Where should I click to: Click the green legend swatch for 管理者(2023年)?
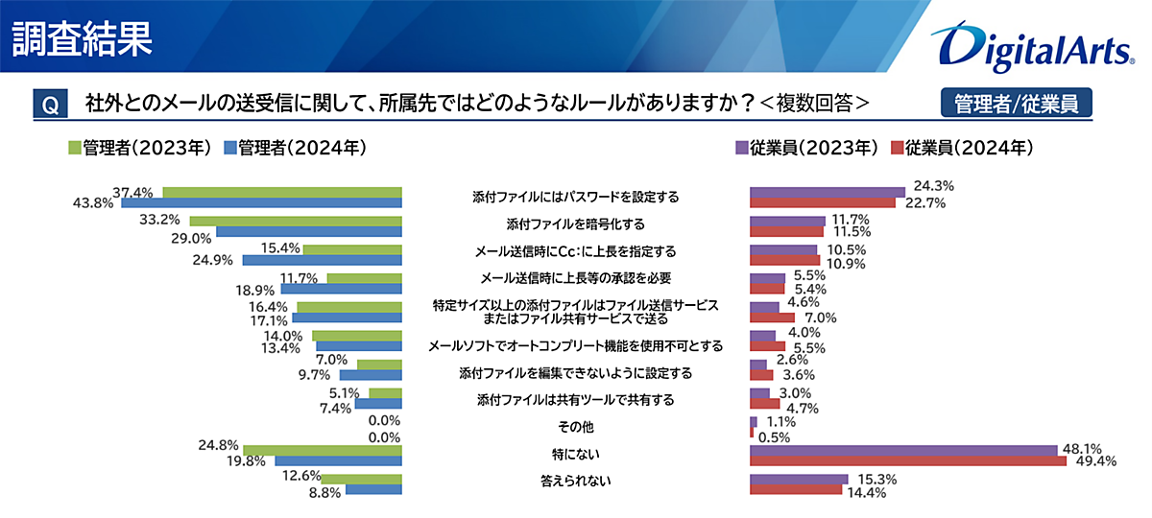74,148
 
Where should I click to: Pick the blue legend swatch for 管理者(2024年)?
229,148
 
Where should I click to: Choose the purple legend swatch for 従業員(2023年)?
741,148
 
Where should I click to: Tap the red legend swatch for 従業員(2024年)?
899,148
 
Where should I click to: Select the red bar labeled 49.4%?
907,461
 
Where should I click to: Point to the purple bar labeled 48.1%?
902,450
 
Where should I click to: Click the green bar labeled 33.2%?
296,221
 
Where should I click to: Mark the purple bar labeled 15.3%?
798,479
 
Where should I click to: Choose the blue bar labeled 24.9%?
322,260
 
